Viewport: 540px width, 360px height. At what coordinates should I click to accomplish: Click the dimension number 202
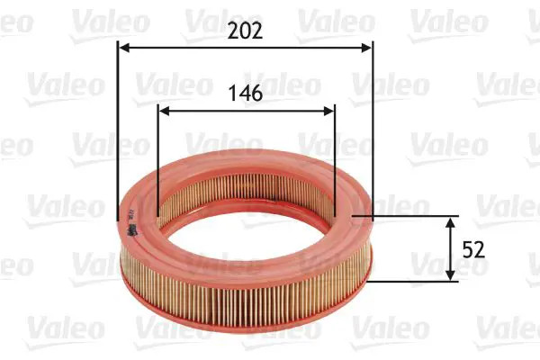[x=244, y=31]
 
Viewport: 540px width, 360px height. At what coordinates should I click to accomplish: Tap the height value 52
[x=473, y=249]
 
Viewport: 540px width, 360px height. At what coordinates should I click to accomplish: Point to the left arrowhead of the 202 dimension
[x=124, y=48]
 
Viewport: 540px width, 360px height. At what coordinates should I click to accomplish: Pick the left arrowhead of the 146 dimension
[x=163, y=112]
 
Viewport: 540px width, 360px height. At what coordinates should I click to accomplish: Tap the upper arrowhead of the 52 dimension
[x=451, y=221]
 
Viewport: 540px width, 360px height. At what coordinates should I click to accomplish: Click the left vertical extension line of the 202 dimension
[x=118, y=135]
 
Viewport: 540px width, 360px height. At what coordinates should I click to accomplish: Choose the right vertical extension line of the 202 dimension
[x=372, y=135]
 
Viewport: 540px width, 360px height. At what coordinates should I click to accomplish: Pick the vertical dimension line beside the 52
[x=451, y=249]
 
